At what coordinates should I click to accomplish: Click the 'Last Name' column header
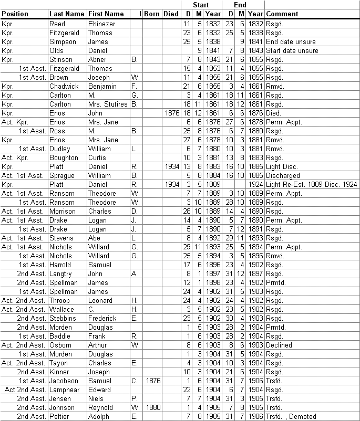point(67,14)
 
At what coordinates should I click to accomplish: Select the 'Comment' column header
point(282,14)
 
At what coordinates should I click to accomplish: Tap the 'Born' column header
point(152,14)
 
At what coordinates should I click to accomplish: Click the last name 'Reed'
point(57,24)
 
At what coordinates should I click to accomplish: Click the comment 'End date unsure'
point(291,42)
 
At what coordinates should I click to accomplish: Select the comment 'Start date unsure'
point(292,51)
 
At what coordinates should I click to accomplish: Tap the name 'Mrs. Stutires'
point(108,104)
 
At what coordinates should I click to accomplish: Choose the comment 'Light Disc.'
point(282,166)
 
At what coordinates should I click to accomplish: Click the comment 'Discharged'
point(282,175)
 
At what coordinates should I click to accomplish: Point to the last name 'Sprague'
point(62,175)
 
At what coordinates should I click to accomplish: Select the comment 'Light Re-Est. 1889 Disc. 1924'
point(312,184)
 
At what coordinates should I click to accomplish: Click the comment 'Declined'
point(279,345)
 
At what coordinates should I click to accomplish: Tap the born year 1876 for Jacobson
point(152,381)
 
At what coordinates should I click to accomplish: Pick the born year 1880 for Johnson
point(152,407)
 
